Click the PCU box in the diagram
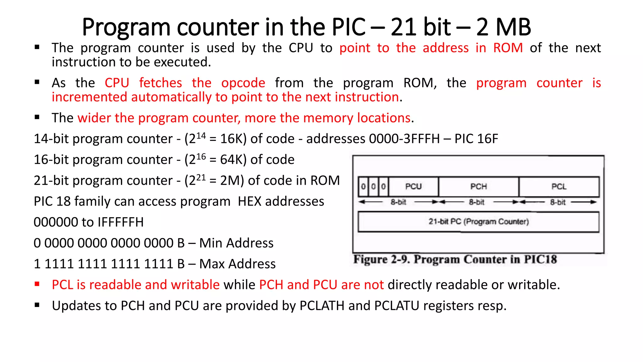[x=413, y=187]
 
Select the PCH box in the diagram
[x=478, y=187]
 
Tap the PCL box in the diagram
[x=559, y=187]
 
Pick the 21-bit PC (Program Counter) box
[x=478, y=222]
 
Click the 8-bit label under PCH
[x=477, y=202]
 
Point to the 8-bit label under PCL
[x=558, y=202]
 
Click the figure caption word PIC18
[x=540, y=260]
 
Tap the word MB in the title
[x=513, y=27]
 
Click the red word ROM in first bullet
[x=508, y=48]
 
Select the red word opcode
[x=243, y=83]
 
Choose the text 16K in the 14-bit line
[x=233, y=139]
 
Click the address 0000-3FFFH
[x=404, y=139]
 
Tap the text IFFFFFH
[x=121, y=222]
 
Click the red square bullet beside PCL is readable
[x=37, y=284]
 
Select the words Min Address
[x=236, y=243]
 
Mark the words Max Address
[x=237, y=264]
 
